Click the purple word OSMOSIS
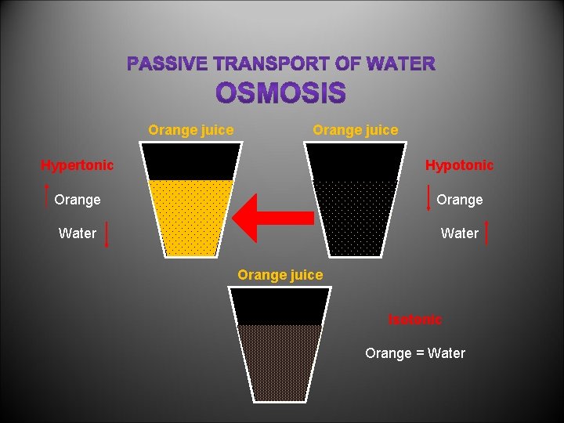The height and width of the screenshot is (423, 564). [x=280, y=94]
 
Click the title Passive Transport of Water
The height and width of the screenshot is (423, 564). [x=281, y=63]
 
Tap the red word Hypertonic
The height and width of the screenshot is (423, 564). [x=77, y=165]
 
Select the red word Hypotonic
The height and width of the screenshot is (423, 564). [x=459, y=165]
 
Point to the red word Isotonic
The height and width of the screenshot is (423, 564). [x=415, y=320]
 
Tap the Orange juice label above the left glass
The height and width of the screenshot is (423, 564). [x=190, y=130]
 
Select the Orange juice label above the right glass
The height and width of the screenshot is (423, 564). [x=355, y=130]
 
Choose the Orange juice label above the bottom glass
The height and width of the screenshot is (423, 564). [x=280, y=275]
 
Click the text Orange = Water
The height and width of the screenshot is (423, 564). [x=414, y=353]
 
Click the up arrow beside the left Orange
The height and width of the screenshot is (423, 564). [x=48, y=198]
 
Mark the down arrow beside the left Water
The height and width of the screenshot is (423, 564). [x=107, y=233]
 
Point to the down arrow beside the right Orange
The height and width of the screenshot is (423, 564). [x=428, y=198]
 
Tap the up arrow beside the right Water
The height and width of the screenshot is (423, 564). [x=488, y=233]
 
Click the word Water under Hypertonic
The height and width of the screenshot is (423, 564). [x=78, y=233]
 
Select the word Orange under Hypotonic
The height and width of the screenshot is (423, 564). [x=459, y=200]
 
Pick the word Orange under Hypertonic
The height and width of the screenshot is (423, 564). [x=78, y=200]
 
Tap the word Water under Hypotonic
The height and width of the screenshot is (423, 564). [x=460, y=233]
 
